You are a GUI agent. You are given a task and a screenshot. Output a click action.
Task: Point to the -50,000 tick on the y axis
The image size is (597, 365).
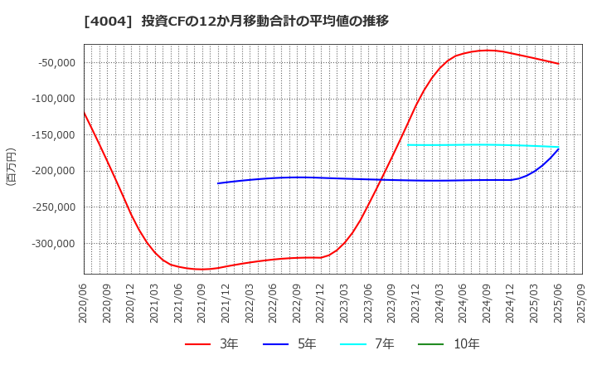(53, 63)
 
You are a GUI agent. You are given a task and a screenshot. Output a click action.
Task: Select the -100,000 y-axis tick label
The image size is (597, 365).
(51, 99)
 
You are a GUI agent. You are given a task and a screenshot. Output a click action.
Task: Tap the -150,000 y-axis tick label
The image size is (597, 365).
(51, 135)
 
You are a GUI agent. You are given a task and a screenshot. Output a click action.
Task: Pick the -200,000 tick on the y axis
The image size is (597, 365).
(51, 172)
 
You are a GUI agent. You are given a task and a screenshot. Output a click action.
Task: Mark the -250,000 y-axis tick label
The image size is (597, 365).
(51, 207)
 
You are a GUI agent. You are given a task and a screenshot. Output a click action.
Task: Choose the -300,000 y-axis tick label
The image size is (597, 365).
(51, 244)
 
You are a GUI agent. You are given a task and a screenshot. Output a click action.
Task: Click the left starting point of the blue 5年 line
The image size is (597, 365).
(218, 183)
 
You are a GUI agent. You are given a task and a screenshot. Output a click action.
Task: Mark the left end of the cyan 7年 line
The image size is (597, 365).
(408, 145)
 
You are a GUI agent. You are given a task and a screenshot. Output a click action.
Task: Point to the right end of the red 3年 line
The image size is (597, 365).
(558, 64)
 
